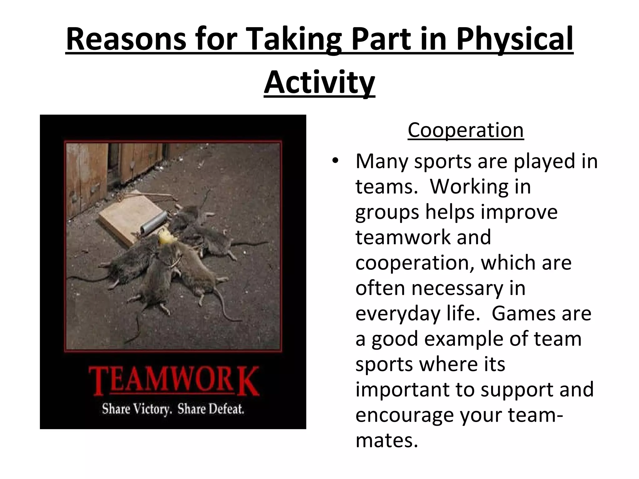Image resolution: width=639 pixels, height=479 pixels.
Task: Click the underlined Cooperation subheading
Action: [x=466, y=130]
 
